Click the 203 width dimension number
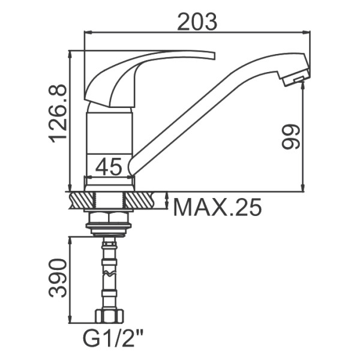pos(197,22)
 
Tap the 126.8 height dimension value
pos(58,113)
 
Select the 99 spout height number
pos(291,137)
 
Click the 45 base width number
pos(109,166)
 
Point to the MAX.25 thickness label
pos(217,207)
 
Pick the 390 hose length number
pos(58,278)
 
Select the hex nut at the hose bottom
pos(109,316)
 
